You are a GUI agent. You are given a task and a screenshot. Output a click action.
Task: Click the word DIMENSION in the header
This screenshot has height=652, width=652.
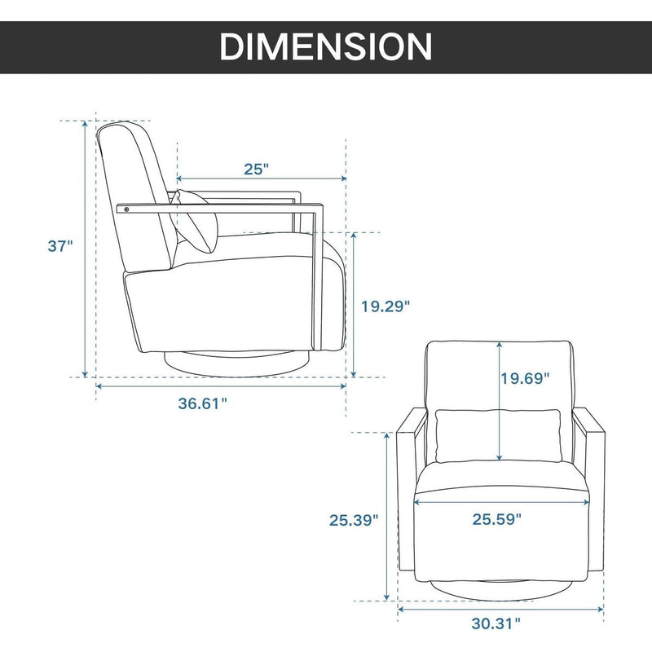click(x=326, y=46)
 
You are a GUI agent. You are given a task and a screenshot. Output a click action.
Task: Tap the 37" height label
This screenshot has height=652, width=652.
click(x=60, y=246)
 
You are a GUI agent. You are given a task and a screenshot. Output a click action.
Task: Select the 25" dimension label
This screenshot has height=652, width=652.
click(x=256, y=170)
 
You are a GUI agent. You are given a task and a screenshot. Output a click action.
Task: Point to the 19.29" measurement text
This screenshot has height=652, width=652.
click(x=385, y=306)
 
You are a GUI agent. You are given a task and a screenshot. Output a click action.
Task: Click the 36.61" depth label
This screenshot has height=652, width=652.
click(x=203, y=403)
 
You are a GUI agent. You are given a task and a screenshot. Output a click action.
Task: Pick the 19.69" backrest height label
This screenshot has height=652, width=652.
click(x=525, y=378)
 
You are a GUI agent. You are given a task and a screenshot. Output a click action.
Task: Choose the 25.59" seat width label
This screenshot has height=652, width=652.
click(x=497, y=519)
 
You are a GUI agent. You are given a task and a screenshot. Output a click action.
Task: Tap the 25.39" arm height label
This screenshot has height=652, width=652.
click(x=354, y=520)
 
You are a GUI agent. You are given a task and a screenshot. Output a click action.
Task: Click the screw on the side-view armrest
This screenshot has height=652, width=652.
click(x=126, y=209)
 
